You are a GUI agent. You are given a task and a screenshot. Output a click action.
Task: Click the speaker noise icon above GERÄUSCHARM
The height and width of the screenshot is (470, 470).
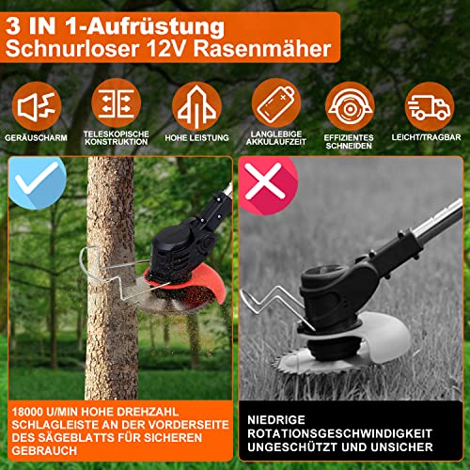pyautogui.click(x=37, y=106)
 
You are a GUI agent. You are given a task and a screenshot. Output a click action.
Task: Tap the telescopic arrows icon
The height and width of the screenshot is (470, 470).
pyautogui.click(x=117, y=103)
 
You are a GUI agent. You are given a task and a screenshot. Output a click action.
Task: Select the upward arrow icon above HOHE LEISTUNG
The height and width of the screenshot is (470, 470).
pyautogui.click(x=196, y=106)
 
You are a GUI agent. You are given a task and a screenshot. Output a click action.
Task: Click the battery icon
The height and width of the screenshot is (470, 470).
pyautogui.click(x=276, y=103)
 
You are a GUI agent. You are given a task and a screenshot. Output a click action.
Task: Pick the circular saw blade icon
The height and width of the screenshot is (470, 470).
pyautogui.click(x=350, y=106)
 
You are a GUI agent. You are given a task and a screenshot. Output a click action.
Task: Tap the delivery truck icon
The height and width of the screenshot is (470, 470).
pyautogui.click(x=430, y=106)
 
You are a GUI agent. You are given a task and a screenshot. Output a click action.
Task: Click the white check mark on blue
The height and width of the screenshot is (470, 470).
pyautogui.click(x=37, y=178)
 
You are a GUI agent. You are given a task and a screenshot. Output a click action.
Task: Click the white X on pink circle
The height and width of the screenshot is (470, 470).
pyautogui.click(x=263, y=180)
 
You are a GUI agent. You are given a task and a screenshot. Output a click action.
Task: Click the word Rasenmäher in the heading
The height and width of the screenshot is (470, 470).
pyautogui.click(x=262, y=49)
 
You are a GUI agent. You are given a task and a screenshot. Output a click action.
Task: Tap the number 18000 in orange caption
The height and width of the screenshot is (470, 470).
pyautogui.click(x=27, y=412)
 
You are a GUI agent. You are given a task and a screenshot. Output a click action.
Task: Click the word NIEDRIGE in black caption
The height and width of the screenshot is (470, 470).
pyautogui.click(x=276, y=420)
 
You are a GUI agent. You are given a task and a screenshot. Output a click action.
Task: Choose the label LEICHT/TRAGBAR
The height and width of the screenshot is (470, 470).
pyautogui.click(x=426, y=137)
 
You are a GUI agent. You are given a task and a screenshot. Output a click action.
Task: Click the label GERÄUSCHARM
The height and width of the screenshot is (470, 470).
pyautogui.click(x=36, y=137)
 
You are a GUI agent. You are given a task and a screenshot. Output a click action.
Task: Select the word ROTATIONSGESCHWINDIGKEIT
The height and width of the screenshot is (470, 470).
pyautogui.click(x=340, y=433)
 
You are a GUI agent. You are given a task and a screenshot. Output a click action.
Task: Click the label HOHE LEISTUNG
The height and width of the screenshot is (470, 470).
pyautogui.click(x=196, y=137)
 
